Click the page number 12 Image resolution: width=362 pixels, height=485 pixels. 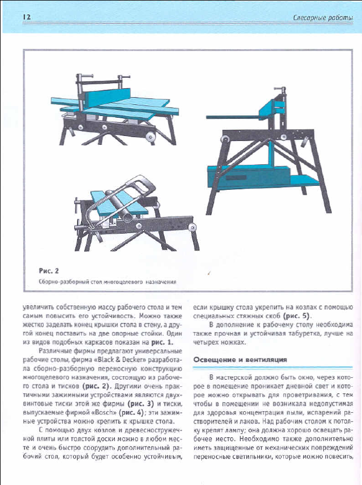(26, 18)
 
